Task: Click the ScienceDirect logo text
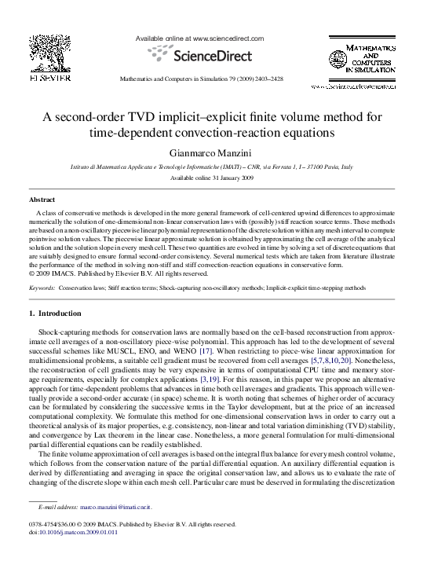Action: tap(212, 56)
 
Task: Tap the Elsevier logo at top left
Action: tap(49, 56)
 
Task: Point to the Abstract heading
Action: tap(42, 200)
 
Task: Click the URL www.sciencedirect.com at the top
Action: tap(227, 38)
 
